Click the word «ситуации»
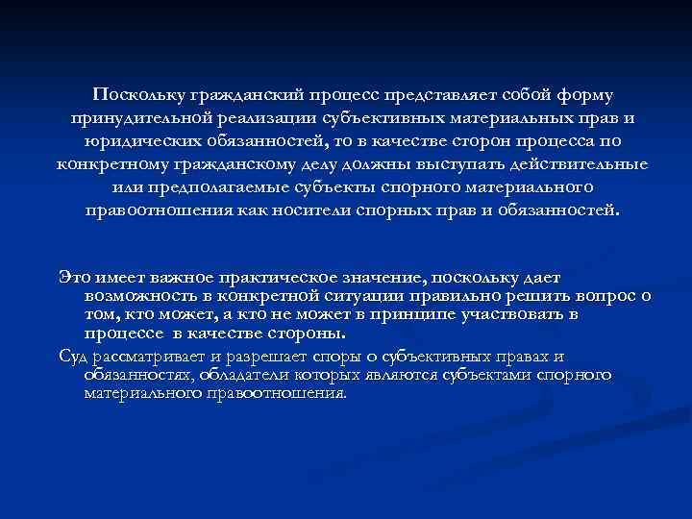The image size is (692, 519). point(367,296)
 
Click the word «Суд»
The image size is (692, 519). point(73,358)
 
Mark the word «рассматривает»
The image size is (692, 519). point(148,358)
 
